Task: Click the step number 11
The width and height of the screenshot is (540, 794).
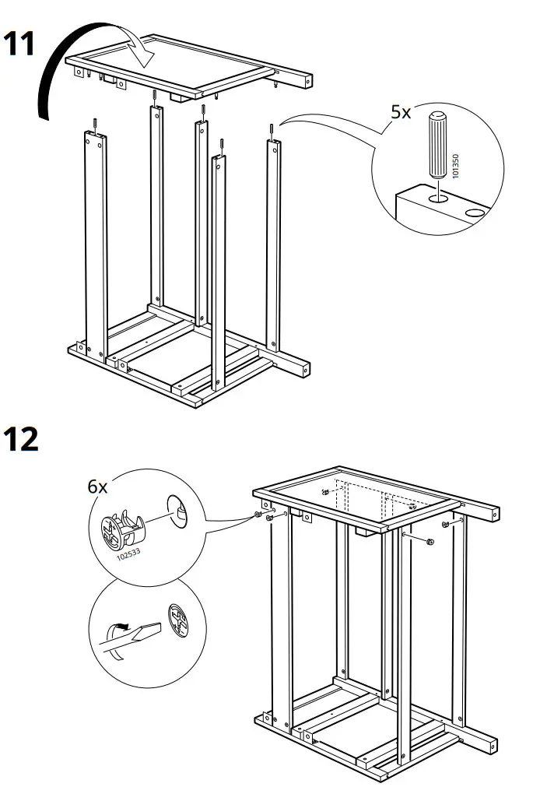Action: [20, 44]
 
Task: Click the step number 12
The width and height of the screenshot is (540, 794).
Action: [22, 440]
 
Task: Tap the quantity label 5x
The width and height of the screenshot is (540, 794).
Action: [401, 112]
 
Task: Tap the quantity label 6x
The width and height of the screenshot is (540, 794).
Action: [97, 487]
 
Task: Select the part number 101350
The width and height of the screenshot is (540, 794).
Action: [456, 165]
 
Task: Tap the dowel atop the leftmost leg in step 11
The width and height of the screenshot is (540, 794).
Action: [93, 124]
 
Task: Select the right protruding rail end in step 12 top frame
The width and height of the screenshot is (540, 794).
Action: [489, 512]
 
